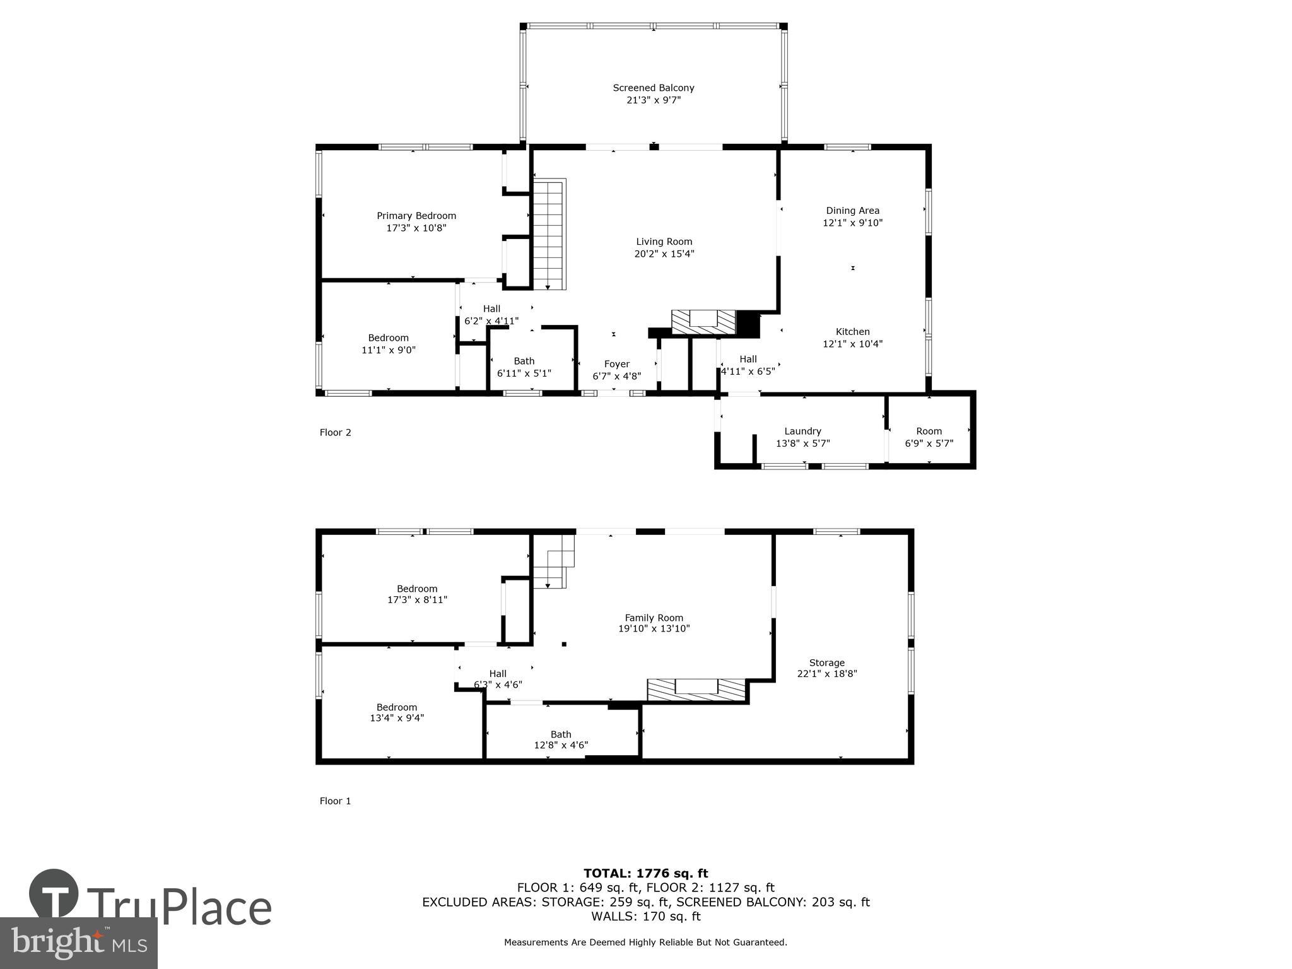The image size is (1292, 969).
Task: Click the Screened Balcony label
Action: point(654,88)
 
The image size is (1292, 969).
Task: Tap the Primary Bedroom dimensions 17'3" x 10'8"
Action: point(416,228)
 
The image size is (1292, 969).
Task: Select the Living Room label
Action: point(664,242)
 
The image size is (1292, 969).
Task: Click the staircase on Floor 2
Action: point(549,233)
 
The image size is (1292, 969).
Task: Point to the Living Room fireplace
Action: point(703,322)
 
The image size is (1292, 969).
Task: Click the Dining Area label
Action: point(852,211)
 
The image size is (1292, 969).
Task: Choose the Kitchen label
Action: point(852,332)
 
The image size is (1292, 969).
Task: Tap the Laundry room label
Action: point(802,432)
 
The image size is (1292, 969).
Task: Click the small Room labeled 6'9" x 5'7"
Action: point(929,437)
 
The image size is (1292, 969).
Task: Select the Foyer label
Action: point(616,364)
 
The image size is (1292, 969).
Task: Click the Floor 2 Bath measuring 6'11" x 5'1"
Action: point(524,367)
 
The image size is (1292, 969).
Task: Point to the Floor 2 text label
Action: point(335,432)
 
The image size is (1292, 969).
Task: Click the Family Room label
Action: point(654,618)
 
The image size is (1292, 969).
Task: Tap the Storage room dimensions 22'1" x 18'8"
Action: point(826,673)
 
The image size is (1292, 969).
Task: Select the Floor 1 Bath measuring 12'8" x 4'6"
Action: point(561,739)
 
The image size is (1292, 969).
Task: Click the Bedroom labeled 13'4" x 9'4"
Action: point(397,712)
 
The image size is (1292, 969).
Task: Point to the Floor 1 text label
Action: point(335,801)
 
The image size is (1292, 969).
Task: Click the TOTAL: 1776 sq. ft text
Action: point(645,873)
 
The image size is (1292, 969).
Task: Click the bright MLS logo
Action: point(78,943)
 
